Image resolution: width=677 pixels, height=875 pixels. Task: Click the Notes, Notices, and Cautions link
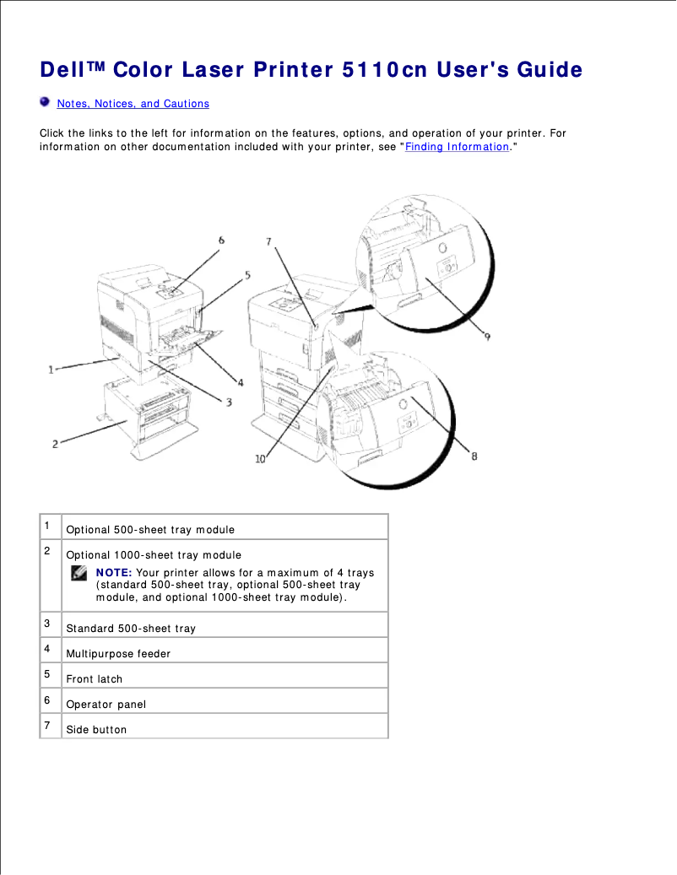pos(133,104)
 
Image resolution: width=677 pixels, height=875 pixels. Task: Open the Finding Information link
pos(457,147)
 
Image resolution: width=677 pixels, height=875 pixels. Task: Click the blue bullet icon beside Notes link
pos(45,102)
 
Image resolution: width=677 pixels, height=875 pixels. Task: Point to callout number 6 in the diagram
pos(222,240)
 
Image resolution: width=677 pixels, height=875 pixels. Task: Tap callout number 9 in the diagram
pos(487,336)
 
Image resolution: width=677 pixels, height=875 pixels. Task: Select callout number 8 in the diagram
pos(474,456)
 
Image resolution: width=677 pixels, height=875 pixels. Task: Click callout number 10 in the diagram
pos(260,458)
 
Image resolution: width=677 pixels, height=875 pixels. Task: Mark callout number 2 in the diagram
pos(55,443)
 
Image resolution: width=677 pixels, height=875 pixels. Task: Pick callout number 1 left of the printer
pos(51,369)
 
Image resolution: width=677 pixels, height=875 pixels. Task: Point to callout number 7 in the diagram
pos(268,242)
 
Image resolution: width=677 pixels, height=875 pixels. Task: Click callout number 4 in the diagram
pos(240,382)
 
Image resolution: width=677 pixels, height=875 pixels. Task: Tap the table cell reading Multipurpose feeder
pos(118,654)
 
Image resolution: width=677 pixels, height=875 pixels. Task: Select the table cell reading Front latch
pos(95,679)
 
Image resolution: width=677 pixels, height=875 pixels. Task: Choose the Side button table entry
pos(96,730)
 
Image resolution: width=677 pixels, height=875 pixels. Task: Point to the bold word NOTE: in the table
pos(114,573)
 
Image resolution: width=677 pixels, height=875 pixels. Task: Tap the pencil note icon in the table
pos(79,574)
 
